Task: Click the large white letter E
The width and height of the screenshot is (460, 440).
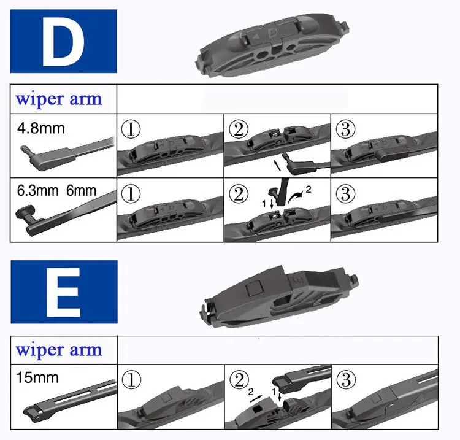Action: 63,292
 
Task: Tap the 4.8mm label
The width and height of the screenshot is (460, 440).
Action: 40,128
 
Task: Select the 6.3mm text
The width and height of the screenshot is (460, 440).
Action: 37,191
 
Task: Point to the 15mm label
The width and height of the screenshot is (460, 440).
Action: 37,377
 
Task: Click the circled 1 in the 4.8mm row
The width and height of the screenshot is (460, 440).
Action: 131,129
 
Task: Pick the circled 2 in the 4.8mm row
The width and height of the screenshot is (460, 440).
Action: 238,129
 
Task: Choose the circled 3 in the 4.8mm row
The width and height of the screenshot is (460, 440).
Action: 345,129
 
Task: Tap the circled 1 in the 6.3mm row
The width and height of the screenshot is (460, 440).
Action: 131,194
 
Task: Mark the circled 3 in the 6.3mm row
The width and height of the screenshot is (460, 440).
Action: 345,194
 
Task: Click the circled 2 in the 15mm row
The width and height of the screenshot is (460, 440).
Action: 239,379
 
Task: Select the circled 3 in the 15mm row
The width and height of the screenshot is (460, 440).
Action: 347,379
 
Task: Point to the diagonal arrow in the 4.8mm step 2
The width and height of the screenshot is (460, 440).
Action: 277,165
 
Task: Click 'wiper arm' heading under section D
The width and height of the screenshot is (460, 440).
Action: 59,99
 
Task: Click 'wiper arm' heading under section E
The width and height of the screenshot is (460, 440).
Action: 59,350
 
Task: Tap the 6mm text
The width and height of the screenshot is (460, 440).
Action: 81,191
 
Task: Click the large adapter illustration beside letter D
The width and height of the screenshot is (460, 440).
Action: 273,46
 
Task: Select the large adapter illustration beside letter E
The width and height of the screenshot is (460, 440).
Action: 280,296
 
